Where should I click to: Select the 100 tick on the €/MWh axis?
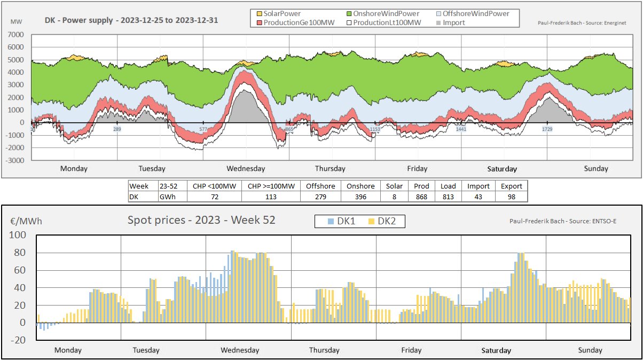[19, 235]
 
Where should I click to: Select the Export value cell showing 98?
[511, 197]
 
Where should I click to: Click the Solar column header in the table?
[395, 186]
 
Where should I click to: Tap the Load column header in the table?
[448, 186]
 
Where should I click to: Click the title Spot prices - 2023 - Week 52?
[201, 220]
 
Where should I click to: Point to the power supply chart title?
[131, 21]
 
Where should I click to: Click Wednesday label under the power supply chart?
[246, 169]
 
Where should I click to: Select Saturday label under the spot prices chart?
[496, 351]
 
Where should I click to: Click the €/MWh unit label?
[24, 221]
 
